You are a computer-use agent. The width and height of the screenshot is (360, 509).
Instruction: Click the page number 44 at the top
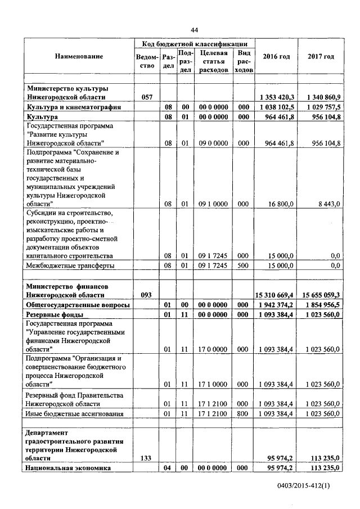tap(195, 30)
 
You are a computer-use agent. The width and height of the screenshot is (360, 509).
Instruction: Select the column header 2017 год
tap(321, 57)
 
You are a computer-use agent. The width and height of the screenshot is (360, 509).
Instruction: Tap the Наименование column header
tap(79, 57)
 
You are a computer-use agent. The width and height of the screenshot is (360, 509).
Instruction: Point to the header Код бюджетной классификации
tap(195, 43)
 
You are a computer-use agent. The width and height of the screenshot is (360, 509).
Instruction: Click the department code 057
tap(147, 97)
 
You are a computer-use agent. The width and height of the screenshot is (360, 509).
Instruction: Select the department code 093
tap(147, 295)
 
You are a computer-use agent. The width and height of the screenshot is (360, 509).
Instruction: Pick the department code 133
tap(147, 459)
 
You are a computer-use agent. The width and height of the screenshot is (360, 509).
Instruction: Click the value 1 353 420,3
tap(277, 97)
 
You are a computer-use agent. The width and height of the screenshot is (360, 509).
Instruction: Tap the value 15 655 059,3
tap(321, 295)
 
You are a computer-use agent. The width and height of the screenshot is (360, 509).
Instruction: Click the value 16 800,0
tap(282, 204)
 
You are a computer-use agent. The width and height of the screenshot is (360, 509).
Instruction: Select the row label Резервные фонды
tap(55, 314)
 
